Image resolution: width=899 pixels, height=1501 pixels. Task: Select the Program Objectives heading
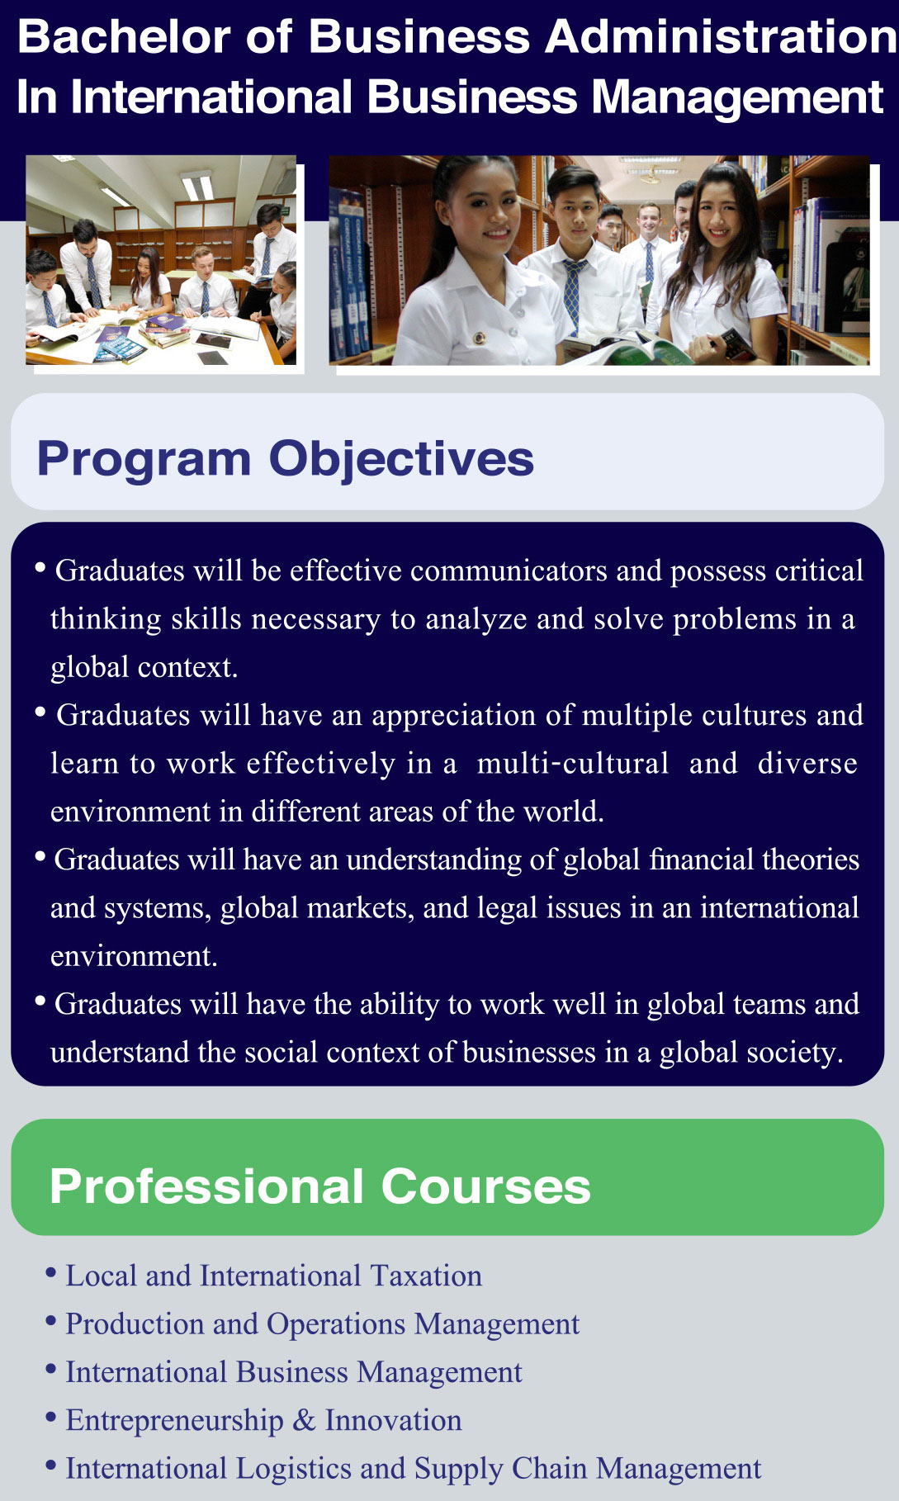(286, 459)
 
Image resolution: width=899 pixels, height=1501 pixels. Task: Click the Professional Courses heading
(320, 1186)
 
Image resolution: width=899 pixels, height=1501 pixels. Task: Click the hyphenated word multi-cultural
(573, 763)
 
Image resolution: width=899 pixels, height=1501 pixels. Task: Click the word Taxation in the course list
(426, 1276)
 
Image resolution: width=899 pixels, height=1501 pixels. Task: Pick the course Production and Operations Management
(323, 1323)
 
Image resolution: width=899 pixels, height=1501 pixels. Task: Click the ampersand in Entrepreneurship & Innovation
(304, 1420)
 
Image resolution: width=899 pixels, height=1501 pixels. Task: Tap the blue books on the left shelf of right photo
(348, 272)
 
